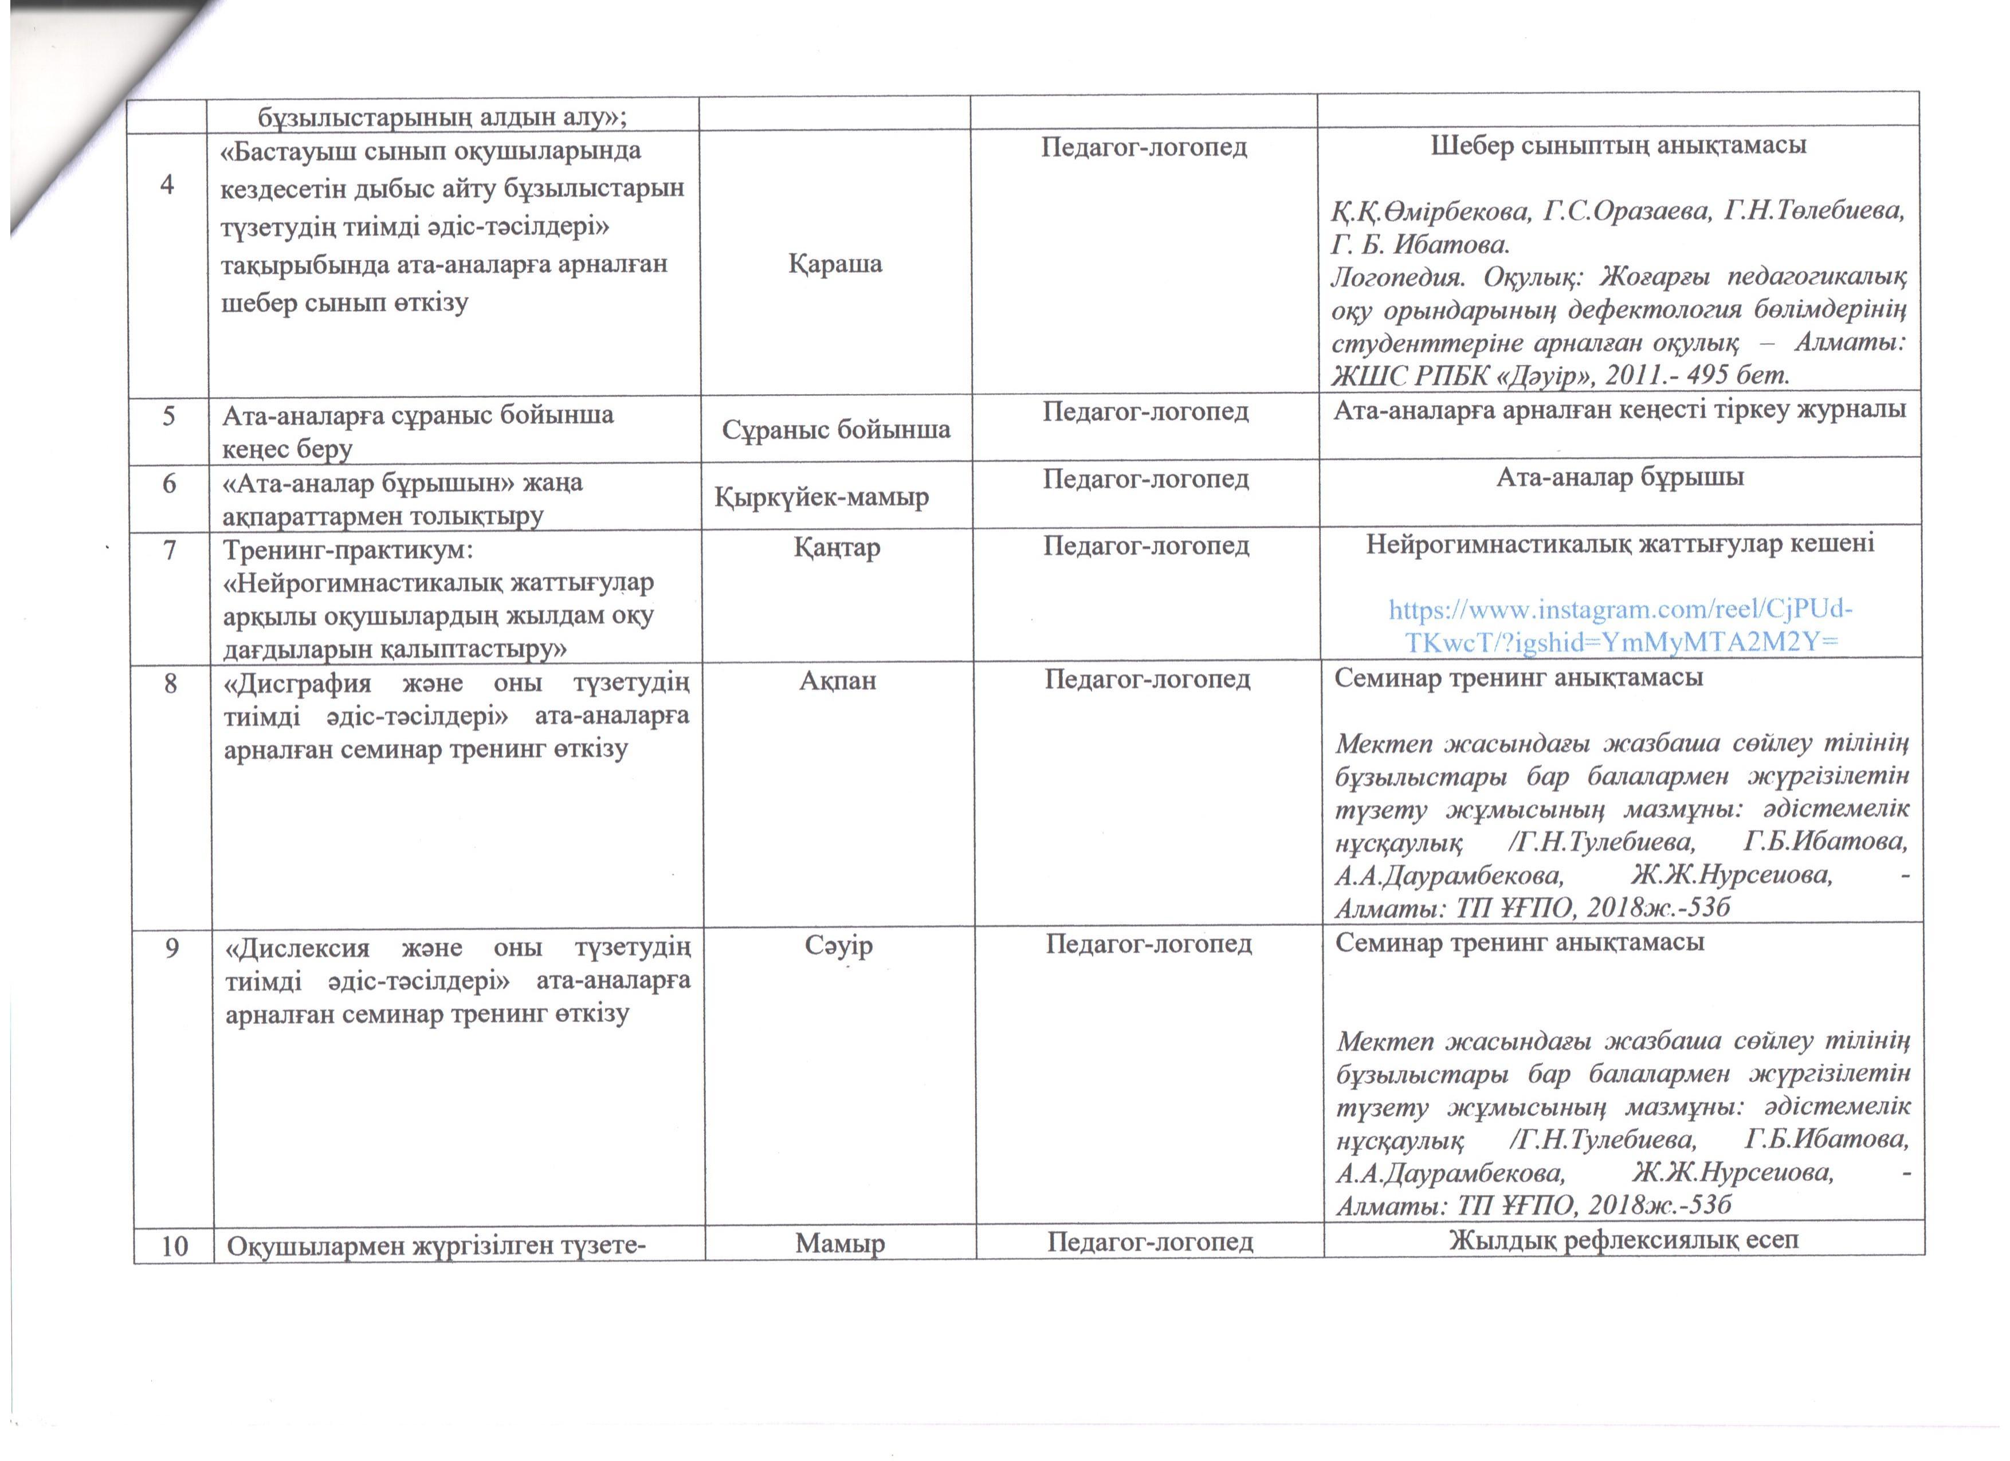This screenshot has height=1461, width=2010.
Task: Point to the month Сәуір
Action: tap(838, 945)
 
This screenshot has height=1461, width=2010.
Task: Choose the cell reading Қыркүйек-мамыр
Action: tap(822, 497)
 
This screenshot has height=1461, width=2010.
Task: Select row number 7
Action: tap(169, 549)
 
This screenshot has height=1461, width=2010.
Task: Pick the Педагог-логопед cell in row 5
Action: tap(1145, 411)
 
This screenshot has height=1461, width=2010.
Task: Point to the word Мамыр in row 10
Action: tap(839, 1244)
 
